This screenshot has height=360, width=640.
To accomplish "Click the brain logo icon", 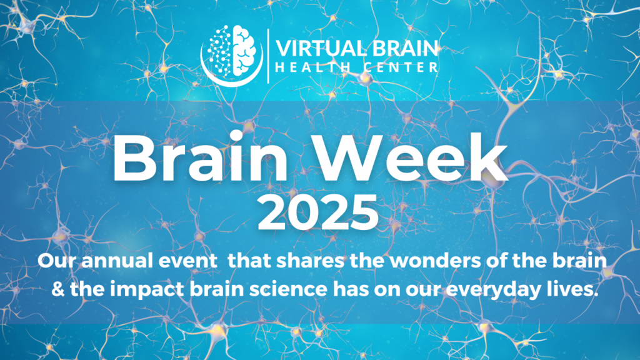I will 232,54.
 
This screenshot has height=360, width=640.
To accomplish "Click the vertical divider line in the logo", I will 269,55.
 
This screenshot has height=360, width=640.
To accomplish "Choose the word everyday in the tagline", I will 480,292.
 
